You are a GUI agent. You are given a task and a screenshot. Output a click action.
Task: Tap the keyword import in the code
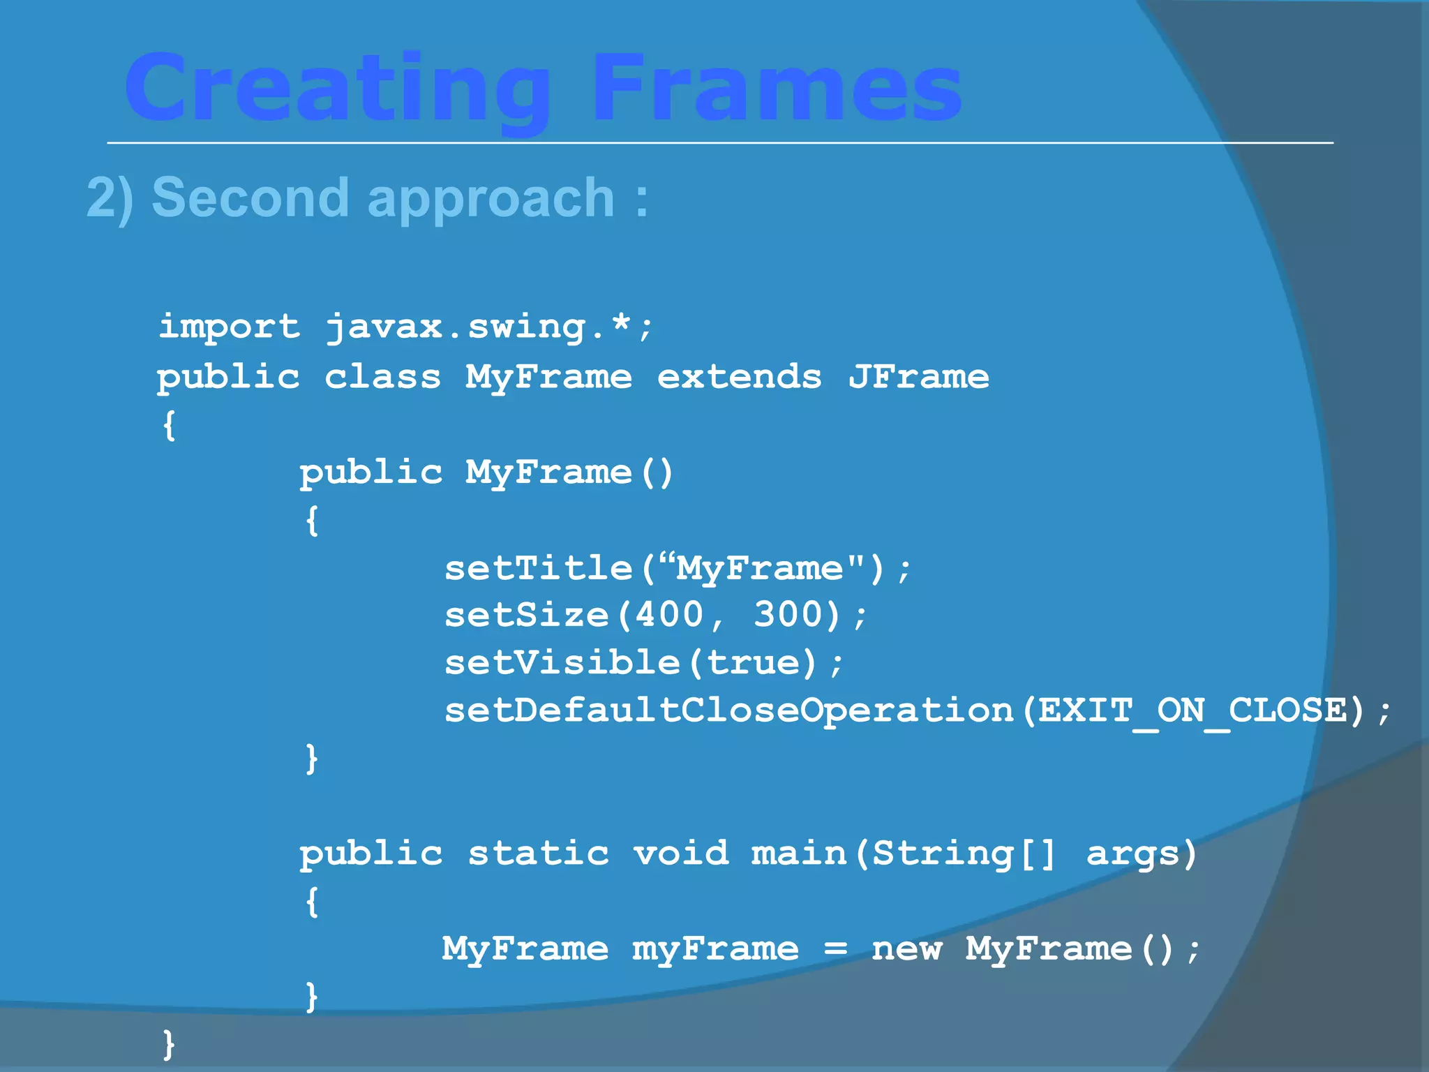(x=229, y=327)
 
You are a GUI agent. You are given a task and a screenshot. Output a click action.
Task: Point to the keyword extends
(x=739, y=377)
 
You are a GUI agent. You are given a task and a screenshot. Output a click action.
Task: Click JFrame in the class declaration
(x=918, y=377)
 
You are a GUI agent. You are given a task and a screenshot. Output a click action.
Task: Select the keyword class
(x=382, y=377)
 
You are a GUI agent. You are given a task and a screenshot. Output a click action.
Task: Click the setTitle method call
(x=538, y=567)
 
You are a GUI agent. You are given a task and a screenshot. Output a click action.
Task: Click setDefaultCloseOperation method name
(x=728, y=710)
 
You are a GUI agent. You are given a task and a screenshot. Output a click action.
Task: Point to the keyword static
(x=538, y=854)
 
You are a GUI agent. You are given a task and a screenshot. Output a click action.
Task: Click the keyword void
(x=681, y=854)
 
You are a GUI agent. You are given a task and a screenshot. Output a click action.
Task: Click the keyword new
(x=906, y=949)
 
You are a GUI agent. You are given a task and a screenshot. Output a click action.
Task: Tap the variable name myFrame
(x=715, y=949)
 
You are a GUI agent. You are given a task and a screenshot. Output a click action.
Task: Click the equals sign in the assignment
(x=835, y=949)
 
